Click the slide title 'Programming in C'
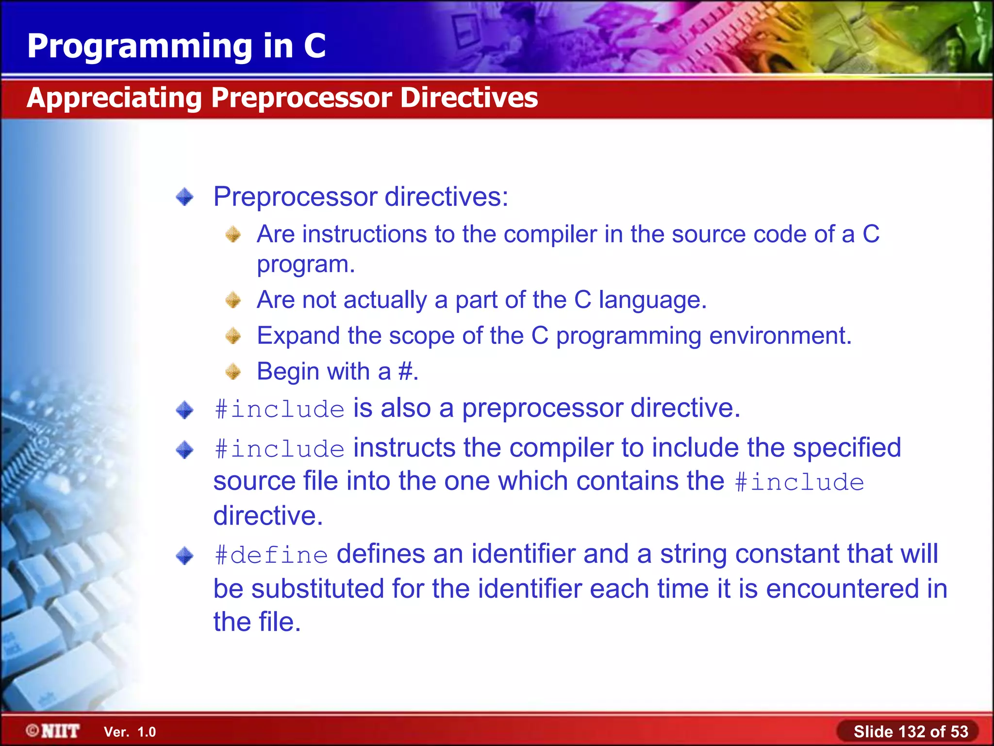[x=176, y=46]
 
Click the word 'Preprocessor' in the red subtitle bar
[x=301, y=98]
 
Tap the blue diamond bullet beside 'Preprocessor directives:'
[x=185, y=197]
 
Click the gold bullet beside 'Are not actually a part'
[x=233, y=300]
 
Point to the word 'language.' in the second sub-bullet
[x=652, y=300]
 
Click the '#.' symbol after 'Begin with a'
[x=408, y=372]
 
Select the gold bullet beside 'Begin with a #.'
[x=233, y=372]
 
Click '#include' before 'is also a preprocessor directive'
[x=280, y=409]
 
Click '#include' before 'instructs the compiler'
[x=280, y=449]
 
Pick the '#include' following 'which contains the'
[x=799, y=483]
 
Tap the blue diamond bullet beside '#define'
[x=185, y=556]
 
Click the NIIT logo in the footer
[x=53, y=731]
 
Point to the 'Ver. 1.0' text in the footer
[x=130, y=732]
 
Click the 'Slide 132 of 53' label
[x=911, y=731]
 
